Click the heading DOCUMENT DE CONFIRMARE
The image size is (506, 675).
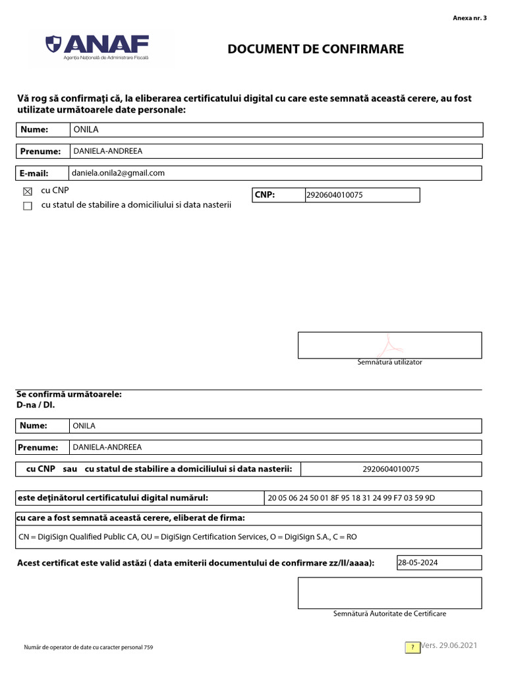coord(316,49)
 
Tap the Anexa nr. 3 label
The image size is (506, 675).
coord(470,18)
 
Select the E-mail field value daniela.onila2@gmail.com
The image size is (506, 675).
coord(119,173)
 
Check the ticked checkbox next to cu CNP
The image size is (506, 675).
coord(27,192)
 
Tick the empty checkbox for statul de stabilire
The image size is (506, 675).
coord(27,206)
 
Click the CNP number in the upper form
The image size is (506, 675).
coord(334,196)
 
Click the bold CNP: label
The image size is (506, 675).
coord(264,195)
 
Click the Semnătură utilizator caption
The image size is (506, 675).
coord(389,362)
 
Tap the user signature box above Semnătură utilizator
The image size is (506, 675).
coord(389,345)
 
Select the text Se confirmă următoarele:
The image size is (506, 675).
coord(69,394)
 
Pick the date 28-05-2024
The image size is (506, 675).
coord(418,563)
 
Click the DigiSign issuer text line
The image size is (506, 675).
coord(188,537)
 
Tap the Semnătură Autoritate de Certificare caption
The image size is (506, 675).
coord(389,614)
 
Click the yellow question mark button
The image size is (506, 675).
coord(412,647)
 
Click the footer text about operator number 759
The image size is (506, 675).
coord(88,648)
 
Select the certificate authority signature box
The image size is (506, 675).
coord(389,593)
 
